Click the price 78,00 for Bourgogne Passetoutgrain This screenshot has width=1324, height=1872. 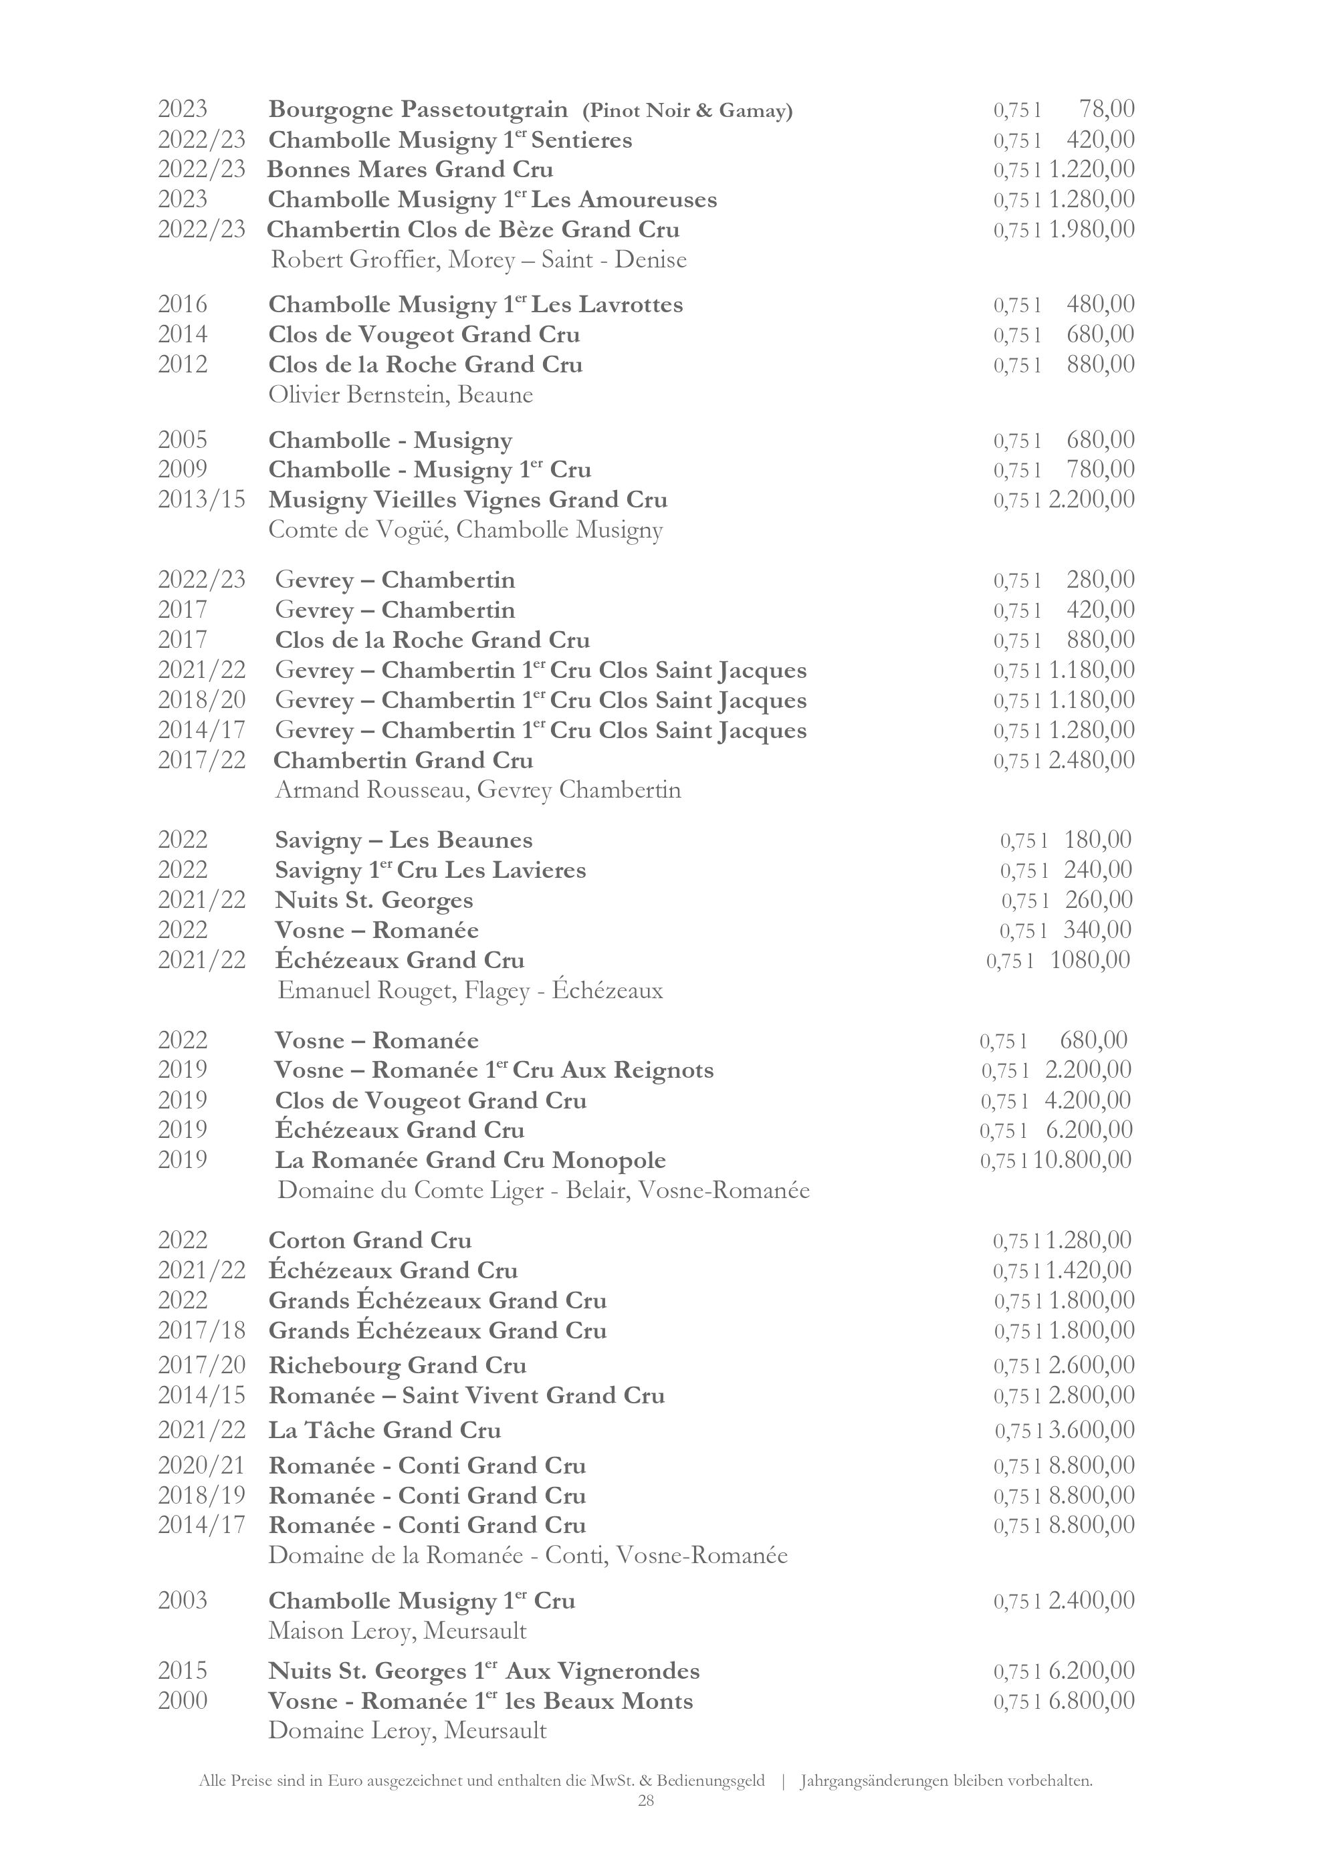1106,109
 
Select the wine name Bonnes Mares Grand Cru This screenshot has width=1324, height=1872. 410,170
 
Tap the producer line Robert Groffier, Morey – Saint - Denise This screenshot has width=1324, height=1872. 479,260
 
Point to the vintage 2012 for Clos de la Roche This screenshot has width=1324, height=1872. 183,364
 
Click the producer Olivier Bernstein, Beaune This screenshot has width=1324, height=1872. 401,394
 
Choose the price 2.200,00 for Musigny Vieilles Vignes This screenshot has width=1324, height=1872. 1091,499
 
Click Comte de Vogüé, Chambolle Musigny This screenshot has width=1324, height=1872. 465,530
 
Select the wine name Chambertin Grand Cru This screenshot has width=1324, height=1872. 403,760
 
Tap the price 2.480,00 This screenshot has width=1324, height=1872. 1091,760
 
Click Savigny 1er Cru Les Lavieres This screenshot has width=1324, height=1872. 431,870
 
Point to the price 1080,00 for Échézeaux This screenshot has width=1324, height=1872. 1090,959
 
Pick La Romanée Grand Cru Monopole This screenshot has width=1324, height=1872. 470,1160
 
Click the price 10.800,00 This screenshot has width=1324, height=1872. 1083,1159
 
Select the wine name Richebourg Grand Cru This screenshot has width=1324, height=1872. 397,1365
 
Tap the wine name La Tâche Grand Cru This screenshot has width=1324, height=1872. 384,1430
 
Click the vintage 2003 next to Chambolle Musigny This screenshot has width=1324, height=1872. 183,1601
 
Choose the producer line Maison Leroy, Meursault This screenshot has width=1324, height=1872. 397,1631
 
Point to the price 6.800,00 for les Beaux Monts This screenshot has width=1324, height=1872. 1091,1701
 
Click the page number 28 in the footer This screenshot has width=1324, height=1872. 646,1800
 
